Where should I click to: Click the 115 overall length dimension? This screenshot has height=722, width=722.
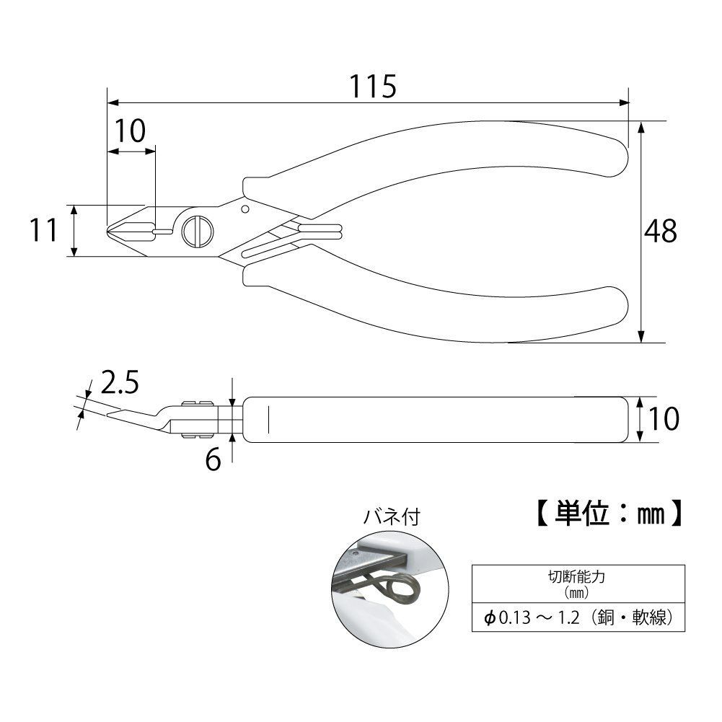[x=374, y=87]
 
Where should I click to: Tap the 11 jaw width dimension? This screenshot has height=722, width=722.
[x=43, y=231]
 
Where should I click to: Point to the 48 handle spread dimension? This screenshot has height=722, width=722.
[x=661, y=231]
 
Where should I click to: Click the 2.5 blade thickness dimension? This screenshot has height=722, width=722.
[x=119, y=384]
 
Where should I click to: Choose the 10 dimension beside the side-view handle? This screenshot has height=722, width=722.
[x=661, y=418]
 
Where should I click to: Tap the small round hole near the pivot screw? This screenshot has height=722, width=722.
[x=245, y=209]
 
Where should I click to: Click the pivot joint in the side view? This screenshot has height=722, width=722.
[x=195, y=418]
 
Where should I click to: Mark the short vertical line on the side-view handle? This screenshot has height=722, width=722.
[x=268, y=418]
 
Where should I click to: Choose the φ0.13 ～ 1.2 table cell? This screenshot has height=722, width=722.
[x=578, y=617]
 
